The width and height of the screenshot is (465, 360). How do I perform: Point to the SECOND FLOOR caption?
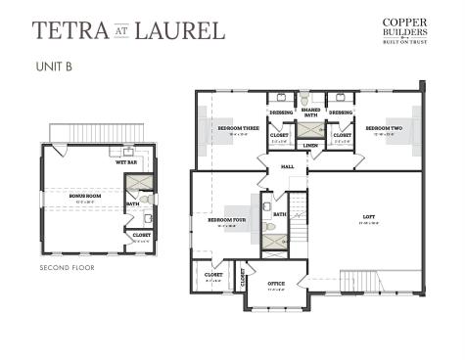(x=68, y=266)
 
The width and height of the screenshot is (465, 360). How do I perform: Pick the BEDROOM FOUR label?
(x=226, y=220)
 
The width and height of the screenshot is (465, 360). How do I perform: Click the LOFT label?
(x=368, y=218)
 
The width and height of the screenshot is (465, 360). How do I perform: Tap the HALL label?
(x=288, y=167)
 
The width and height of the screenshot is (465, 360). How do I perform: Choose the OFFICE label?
(x=277, y=285)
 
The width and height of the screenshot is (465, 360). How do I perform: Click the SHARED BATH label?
(x=309, y=113)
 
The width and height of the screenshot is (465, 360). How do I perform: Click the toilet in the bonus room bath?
(x=145, y=200)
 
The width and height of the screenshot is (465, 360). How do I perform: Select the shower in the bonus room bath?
(x=139, y=183)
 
